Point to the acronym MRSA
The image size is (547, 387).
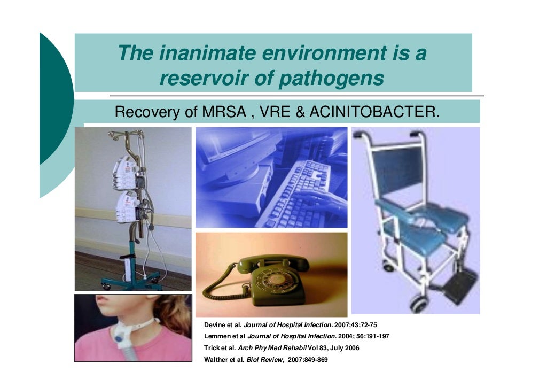coord(222,112)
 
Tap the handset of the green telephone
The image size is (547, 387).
coord(272,262)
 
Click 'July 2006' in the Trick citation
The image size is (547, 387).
coord(345,348)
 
